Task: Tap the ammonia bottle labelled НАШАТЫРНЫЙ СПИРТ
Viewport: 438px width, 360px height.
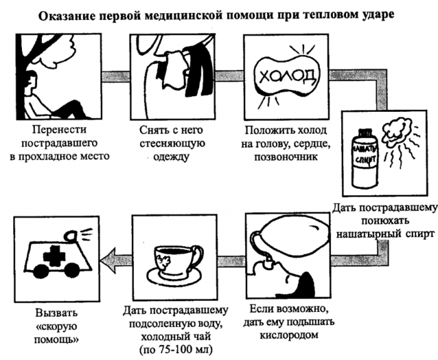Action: click(365, 158)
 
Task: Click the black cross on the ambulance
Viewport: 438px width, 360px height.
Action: click(54, 256)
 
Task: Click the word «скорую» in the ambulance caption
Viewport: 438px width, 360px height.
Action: click(56, 326)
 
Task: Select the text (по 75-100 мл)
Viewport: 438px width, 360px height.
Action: click(176, 349)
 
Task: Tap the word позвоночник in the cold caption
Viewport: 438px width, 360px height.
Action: click(286, 156)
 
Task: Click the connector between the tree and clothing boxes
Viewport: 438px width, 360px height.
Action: click(115, 76)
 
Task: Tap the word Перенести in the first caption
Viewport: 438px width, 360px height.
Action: click(59, 129)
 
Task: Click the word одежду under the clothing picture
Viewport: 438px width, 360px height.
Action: click(171, 156)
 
